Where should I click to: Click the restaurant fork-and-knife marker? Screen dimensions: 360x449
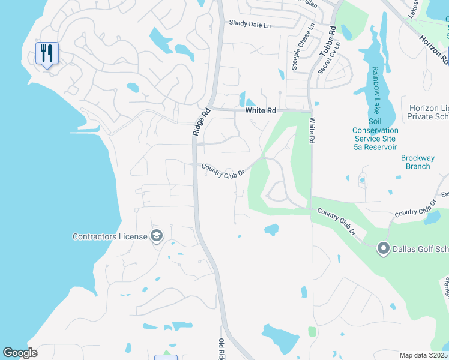click(x=47, y=53)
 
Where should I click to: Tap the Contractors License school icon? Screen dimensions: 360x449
click(x=157, y=236)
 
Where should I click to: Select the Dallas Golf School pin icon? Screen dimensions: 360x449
click(x=383, y=248)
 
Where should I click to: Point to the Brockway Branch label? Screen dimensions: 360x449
click(x=415, y=162)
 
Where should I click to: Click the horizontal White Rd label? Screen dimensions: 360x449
click(x=261, y=111)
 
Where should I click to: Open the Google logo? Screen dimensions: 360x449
click(x=20, y=352)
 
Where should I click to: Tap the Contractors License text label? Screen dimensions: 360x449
click(x=110, y=236)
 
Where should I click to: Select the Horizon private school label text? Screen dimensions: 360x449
click(x=428, y=112)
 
